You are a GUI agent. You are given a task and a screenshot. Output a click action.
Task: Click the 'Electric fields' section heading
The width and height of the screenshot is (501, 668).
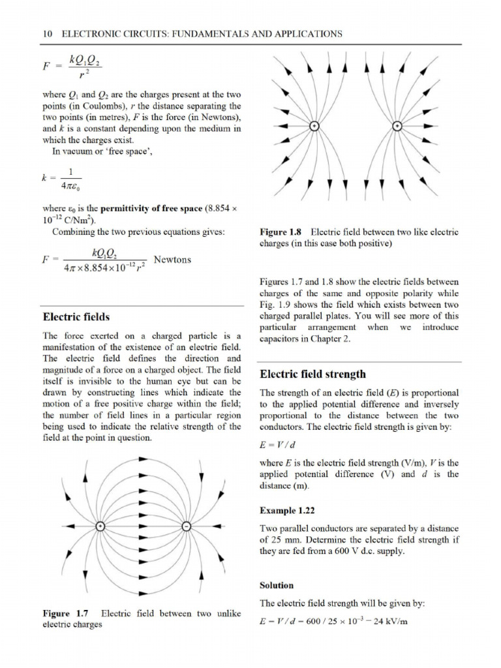tap(76, 317)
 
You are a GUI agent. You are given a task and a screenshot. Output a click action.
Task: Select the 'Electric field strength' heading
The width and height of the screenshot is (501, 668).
tap(312, 374)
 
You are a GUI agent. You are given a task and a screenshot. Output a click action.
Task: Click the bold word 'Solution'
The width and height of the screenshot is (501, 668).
tap(277, 585)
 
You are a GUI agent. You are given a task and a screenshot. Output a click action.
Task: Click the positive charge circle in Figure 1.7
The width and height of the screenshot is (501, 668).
tap(100, 526)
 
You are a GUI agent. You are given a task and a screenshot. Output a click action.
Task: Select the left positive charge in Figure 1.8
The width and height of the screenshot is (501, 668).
tap(314, 127)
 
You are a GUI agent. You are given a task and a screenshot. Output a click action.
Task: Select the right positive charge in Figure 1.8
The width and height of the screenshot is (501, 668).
tap(398, 127)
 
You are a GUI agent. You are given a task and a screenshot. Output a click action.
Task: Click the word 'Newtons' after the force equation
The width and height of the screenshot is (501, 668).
tap(172, 260)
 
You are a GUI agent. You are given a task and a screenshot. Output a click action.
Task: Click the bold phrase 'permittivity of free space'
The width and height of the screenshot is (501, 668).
tap(144, 209)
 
